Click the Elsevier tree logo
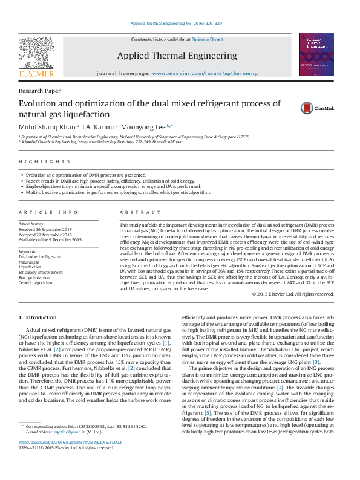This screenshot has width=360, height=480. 36,54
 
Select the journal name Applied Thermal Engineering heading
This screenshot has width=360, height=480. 177,56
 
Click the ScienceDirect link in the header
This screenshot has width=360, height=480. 208,39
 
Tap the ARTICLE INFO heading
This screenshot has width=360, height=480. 48,213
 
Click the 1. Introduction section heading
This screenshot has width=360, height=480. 38,317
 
